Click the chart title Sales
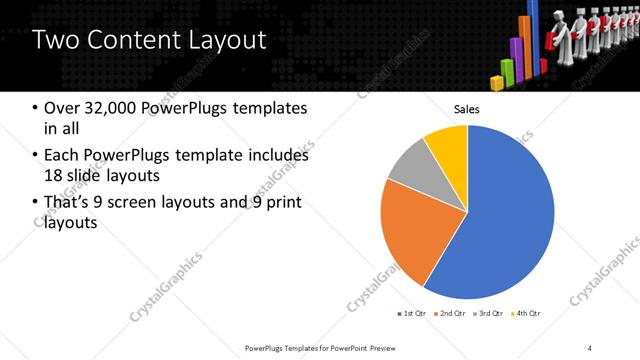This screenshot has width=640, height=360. tap(467, 108)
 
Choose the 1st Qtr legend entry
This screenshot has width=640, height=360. tap(412, 314)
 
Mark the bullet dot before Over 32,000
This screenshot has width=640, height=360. tap(36, 108)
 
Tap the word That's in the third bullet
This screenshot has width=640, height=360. tap(68, 204)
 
